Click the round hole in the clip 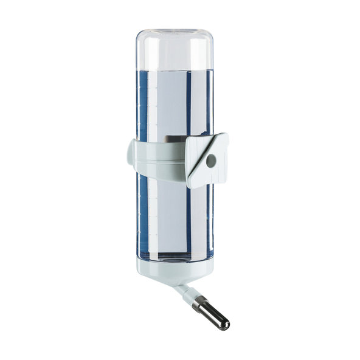coord(210,161)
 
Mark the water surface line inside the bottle coord(174,69)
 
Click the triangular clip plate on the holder coord(207,159)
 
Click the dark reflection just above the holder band coord(173,137)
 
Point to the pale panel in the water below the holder coord(168,219)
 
